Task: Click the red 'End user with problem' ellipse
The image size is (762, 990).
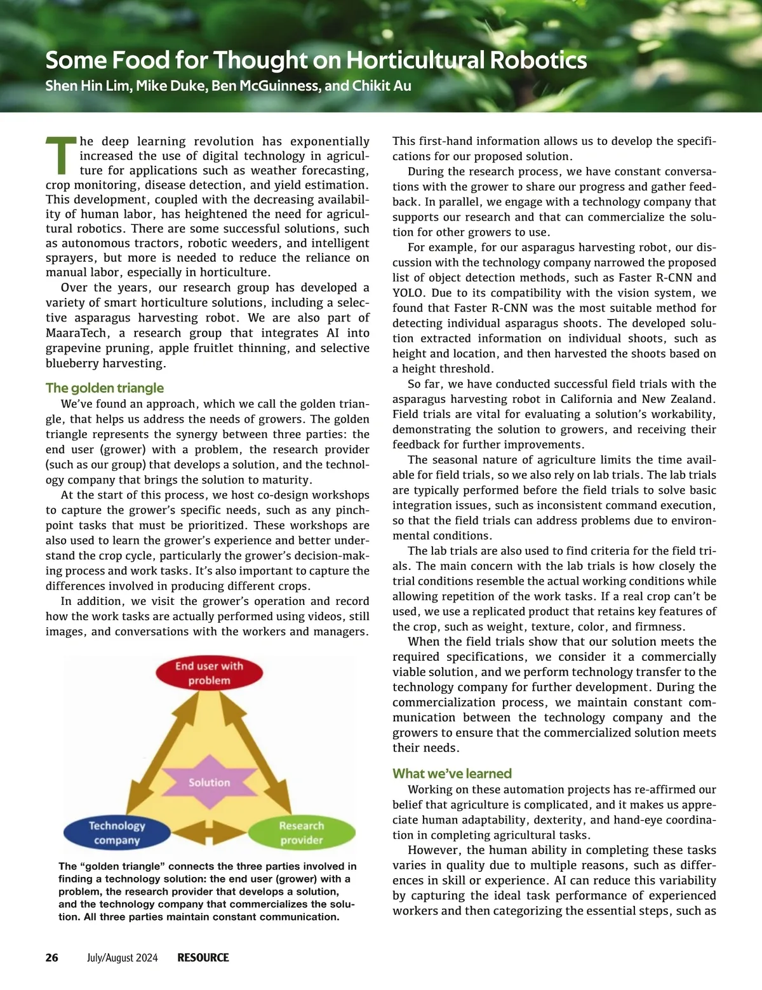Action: [209, 673]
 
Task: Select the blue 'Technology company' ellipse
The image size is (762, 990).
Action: [117, 832]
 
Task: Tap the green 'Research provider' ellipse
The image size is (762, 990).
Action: [301, 832]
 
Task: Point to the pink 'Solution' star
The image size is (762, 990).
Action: [209, 782]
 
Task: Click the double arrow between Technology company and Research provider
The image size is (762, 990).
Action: [209, 832]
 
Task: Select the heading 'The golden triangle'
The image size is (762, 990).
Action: [105, 388]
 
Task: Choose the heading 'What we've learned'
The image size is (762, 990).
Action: [451, 773]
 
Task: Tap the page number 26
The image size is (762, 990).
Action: [52, 958]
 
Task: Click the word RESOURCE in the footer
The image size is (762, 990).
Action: [203, 958]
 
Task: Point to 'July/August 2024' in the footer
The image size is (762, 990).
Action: [123, 958]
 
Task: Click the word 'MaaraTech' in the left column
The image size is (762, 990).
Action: [76, 333]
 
